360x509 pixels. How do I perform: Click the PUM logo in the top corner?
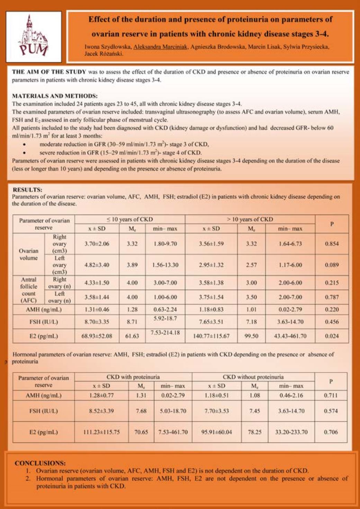[x=34, y=36]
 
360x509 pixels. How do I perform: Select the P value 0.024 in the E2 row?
[x=332, y=336]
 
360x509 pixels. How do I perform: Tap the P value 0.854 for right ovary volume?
[x=332, y=244]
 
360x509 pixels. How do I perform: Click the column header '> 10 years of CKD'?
[x=250, y=219]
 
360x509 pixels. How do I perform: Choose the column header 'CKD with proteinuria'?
[x=133, y=377]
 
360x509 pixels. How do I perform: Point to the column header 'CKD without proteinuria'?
[x=253, y=377]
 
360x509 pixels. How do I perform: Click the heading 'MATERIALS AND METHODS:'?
[x=55, y=96]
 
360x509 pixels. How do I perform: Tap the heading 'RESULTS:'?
[x=27, y=190]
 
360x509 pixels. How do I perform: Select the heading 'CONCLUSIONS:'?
[x=40, y=463]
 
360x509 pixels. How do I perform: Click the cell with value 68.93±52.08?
[x=97, y=336]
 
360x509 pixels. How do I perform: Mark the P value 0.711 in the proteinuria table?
[x=331, y=395]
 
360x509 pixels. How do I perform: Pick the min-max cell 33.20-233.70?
[x=291, y=432]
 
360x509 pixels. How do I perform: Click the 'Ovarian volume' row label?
[x=28, y=254]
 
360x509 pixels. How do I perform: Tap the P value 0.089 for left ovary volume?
[x=332, y=265]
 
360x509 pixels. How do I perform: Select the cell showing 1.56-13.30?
[x=165, y=265]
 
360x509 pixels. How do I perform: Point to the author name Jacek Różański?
[x=104, y=54]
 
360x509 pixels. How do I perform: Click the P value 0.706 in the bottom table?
[x=331, y=432]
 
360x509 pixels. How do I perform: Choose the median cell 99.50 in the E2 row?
[x=251, y=336]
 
